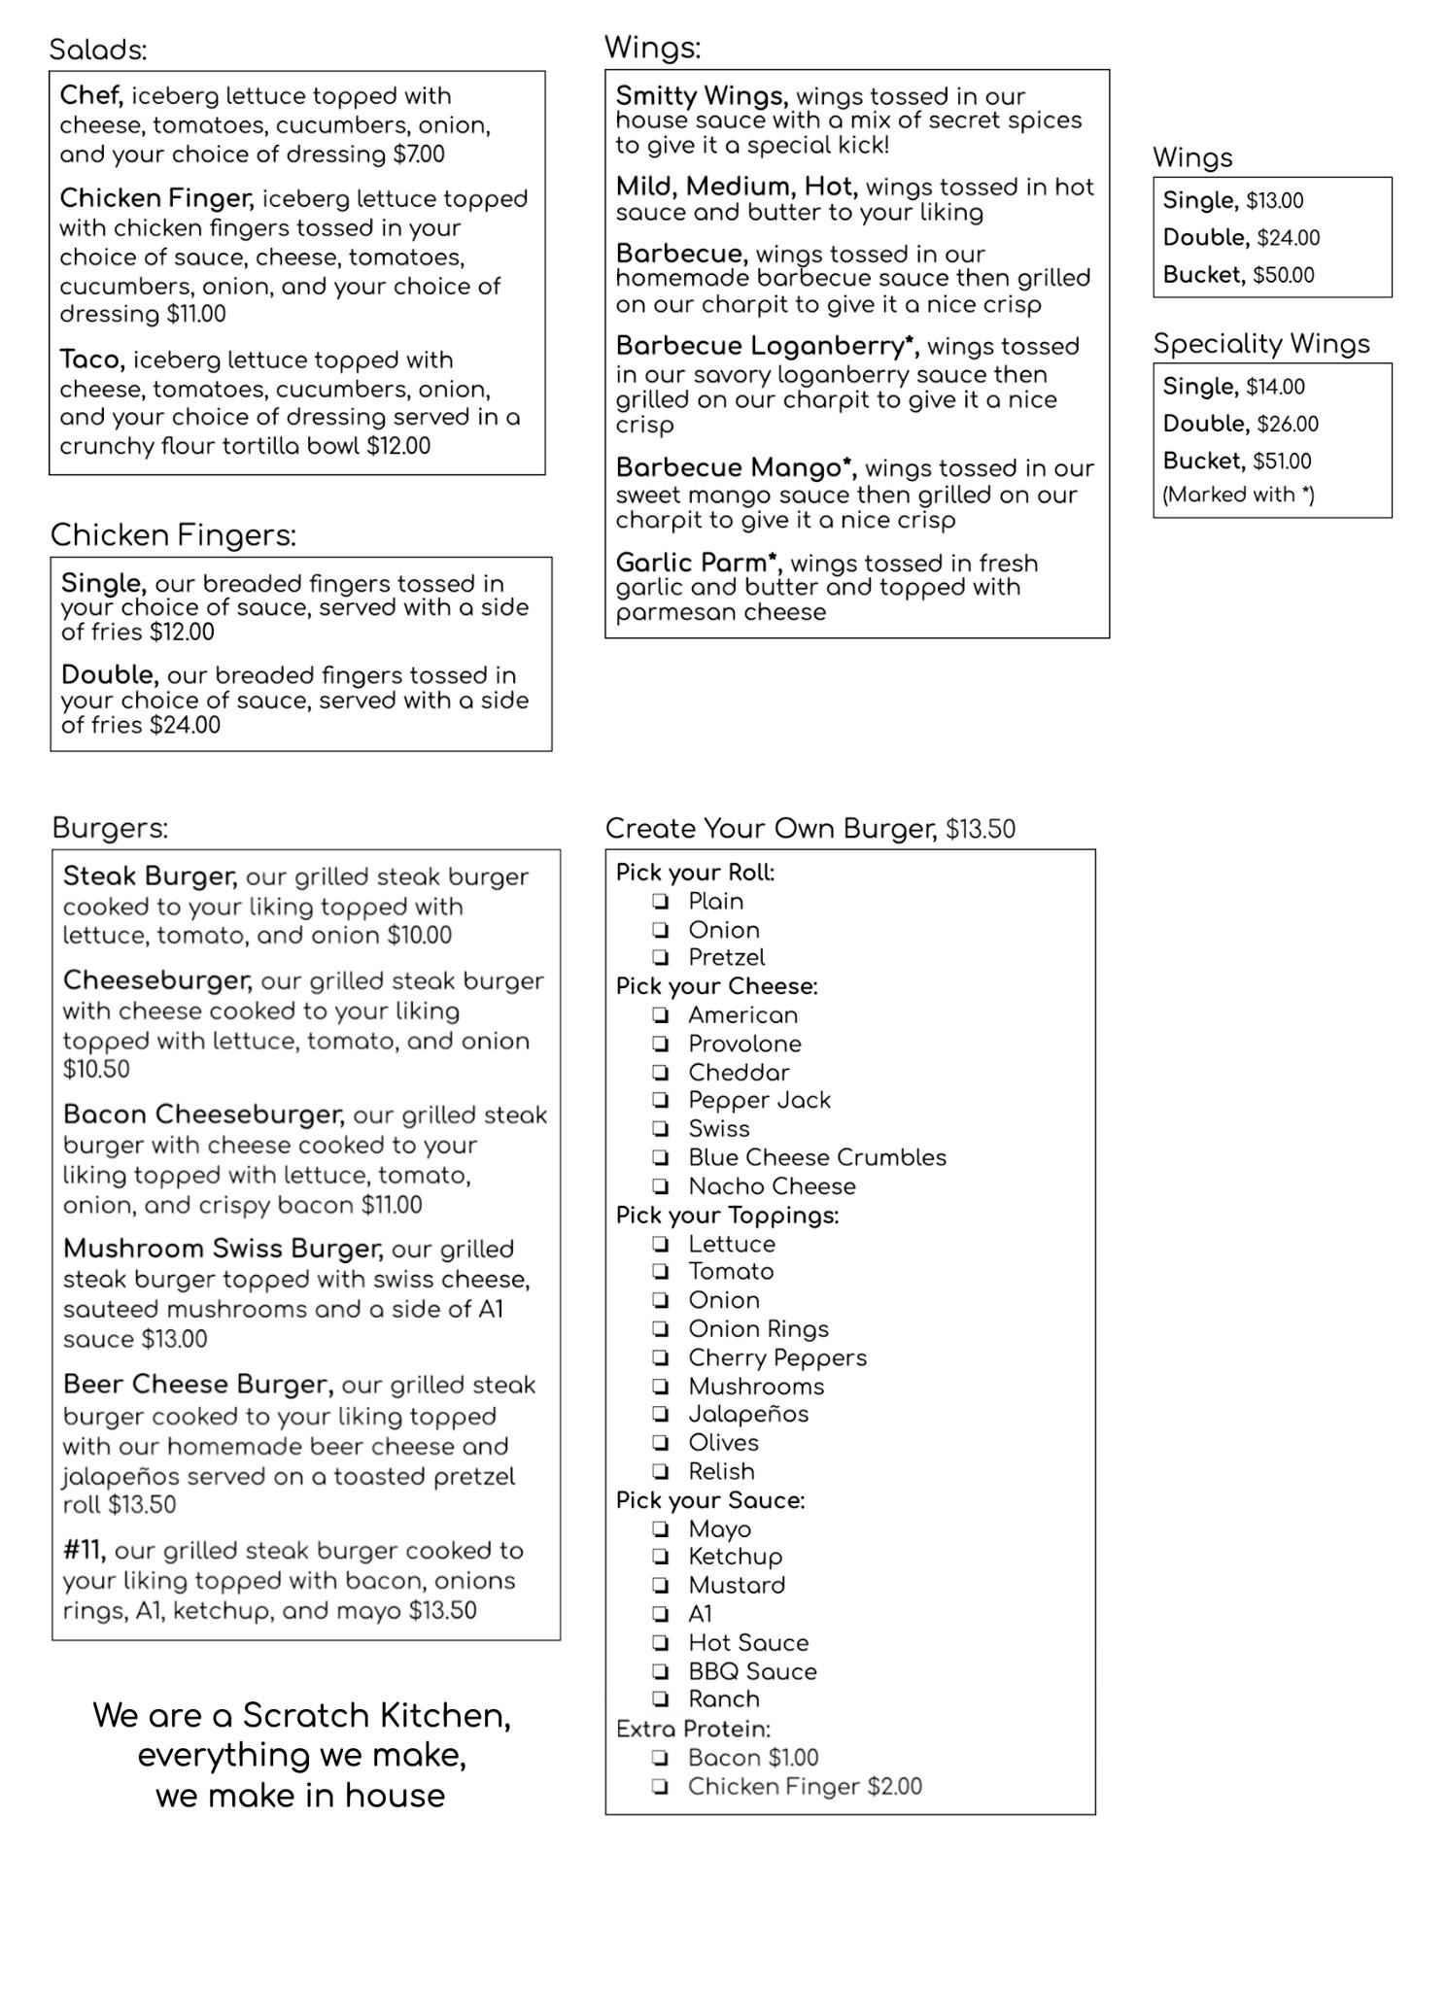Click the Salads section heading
[x=98, y=50]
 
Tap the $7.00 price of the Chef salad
[x=419, y=154]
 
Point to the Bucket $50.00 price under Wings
[x=1283, y=275]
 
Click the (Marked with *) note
[x=1238, y=495]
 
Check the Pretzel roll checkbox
[x=661, y=958]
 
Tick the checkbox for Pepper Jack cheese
[x=661, y=1101]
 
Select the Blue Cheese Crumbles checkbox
[x=661, y=1158]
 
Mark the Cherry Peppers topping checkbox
[x=661, y=1358]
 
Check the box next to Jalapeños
[x=661, y=1415]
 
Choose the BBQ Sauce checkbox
[x=661, y=1672]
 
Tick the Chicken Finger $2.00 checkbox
[x=661, y=1787]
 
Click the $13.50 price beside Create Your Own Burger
[x=981, y=829]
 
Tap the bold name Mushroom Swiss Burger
[x=223, y=1249]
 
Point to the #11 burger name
[x=84, y=1550]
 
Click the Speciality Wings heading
[x=1261, y=343]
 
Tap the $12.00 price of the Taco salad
[x=398, y=446]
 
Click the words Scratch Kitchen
[x=376, y=1715]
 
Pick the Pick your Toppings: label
[x=727, y=1216]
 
